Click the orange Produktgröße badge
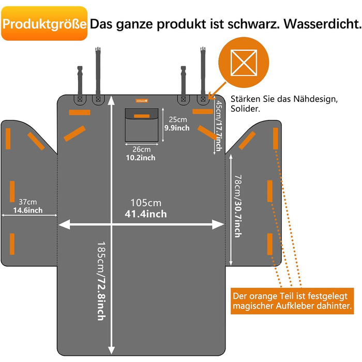coord(44,24)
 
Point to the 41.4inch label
coord(146,214)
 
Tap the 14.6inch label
coord(29,210)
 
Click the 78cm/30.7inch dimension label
coord(237,205)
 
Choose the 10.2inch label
coord(140,157)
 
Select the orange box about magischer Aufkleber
coord(293,301)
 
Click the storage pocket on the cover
coord(142,124)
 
